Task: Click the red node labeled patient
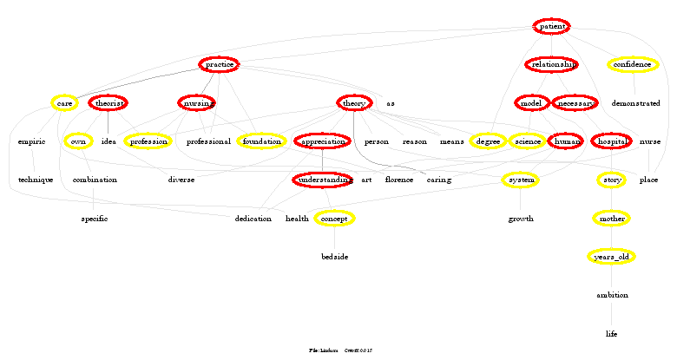(x=552, y=27)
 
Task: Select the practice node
(x=219, y=65)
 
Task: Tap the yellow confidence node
(x=633, y=65)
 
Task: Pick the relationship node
(x=552, y=65)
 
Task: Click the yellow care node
(x=63, y=103)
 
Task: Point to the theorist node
(x=108, y=103)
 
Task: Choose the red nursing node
(x=197, y=103)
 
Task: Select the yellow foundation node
(x=262, y=141)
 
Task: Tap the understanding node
(x=323, y=180)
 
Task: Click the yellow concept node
(x=334, y=219)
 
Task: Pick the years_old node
(x=612, y=257)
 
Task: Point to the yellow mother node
(x=612, y=219)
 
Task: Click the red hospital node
(x=611, y=141)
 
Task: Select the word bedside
(x=334, y=257)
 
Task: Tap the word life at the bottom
(x=612, y=333)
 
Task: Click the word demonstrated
(x=635, y=103)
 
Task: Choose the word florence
(x=399, y=180)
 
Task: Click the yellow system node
(x=521, y=180)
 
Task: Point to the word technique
(x=36, y=180)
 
